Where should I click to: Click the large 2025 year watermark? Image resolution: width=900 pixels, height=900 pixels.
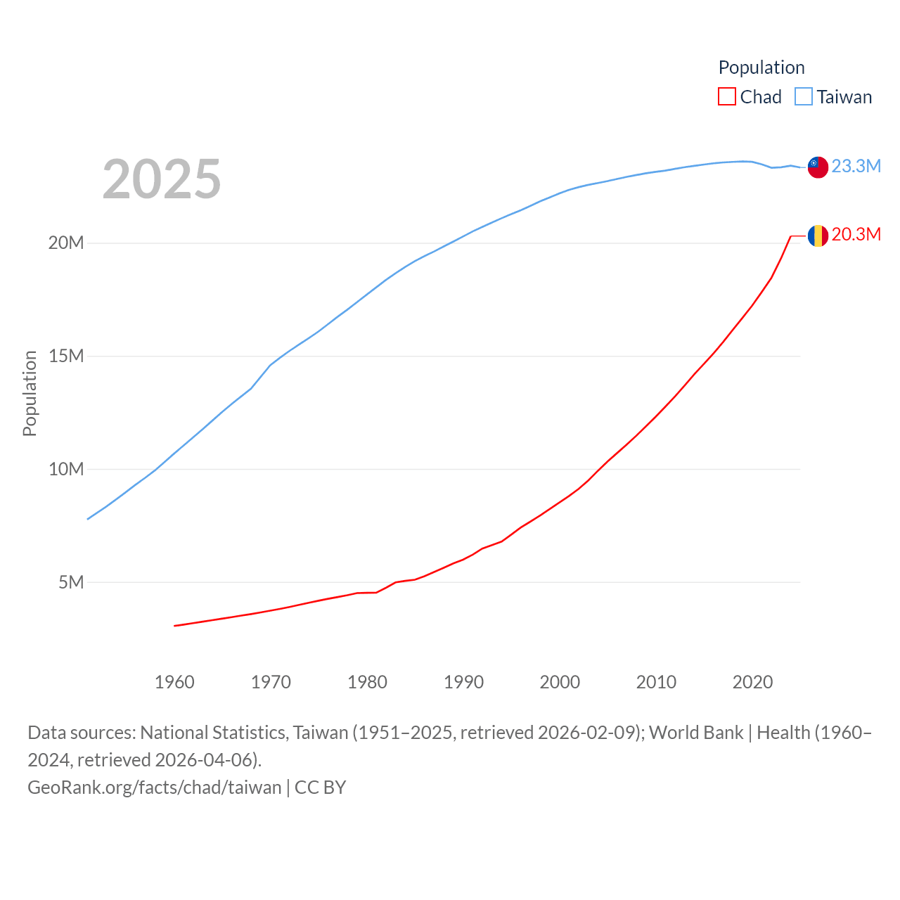[x=162, y=179]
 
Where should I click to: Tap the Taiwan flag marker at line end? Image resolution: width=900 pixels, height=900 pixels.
[x=818, y=167]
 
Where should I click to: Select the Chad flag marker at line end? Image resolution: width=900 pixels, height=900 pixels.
[x=818, y=236]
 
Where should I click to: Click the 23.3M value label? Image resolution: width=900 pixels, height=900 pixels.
[x=856, y=166]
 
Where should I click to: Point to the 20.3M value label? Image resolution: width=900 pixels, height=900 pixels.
[x=856, y=234]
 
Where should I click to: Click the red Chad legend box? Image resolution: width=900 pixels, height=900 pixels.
[x=726, y=96]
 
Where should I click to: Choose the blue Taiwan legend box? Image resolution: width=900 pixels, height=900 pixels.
[x=803, y=96]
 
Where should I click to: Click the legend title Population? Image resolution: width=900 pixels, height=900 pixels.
[x=761, y=67]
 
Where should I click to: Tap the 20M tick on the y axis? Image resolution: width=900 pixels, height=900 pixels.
[x=66, y=243]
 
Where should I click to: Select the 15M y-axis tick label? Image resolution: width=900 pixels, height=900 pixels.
[x=66, y=356]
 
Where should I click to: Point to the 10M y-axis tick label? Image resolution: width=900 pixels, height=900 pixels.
[x=66, y=469]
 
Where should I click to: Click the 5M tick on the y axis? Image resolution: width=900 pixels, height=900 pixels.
[x=71, y=582]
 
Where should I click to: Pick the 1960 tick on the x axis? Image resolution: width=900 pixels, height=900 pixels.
[x=174, y=682]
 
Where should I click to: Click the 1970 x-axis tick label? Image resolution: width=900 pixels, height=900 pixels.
[x=271, y=682]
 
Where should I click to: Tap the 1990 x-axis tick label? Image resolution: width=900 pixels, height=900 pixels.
[x=463, y=682]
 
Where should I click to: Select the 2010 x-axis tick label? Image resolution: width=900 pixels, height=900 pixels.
[x=656, y=682]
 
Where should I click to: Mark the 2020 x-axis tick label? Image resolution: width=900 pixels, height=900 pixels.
[x=752, y=682]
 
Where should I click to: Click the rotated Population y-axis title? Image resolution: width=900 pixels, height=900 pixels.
[x=30, y=394]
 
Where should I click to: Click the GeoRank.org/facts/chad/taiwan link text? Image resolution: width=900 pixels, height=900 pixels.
[x=155, y=787]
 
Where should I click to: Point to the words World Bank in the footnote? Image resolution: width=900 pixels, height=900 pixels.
[x=696, y=733]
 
